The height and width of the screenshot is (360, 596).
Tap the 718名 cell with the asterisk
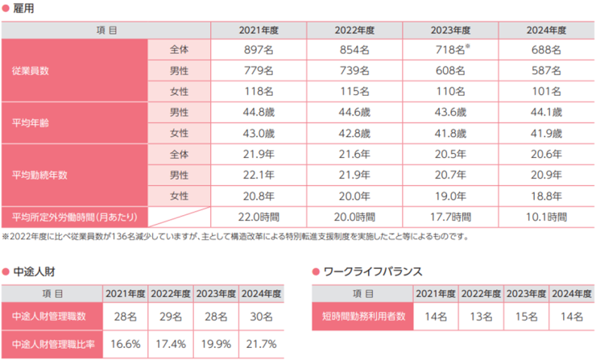click(450, 50)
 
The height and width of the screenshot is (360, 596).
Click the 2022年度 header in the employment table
click(354, 30)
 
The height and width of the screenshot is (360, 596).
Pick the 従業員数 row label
click(31, 71)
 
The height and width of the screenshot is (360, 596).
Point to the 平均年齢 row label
click(31, 122)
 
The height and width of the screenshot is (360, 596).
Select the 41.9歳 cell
click(546, 133)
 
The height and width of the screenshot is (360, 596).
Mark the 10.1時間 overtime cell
click(546, 217)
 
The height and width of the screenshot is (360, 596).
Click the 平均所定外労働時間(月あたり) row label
click(73, 217)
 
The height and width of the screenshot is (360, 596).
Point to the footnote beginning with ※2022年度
click(234, 237)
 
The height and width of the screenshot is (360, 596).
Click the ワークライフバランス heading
click(372, 272)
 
